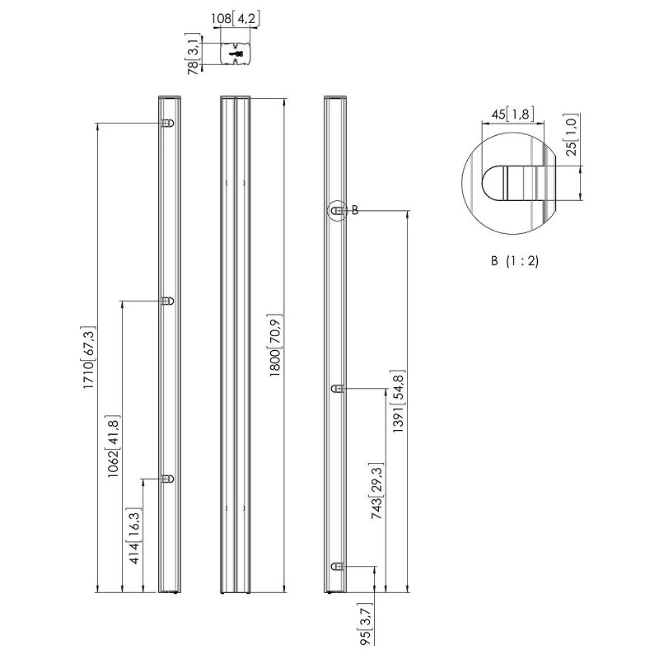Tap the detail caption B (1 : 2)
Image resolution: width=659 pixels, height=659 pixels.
[x=514, y=261]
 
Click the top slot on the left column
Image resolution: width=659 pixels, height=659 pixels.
[x=168, y=123]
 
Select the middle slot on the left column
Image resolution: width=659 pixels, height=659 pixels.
[x=168, y=301]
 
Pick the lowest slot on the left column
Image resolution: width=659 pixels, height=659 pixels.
[x=168, y=479]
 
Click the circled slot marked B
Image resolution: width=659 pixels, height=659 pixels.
[x=338, y=211]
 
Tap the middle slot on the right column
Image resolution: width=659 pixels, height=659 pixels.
[x=338, y=389]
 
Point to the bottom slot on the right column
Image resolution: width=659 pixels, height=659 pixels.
[x=338, y=567]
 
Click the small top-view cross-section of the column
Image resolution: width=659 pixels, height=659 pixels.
[x=235, y=54]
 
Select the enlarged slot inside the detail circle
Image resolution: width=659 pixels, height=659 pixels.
[x=519, y=183]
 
